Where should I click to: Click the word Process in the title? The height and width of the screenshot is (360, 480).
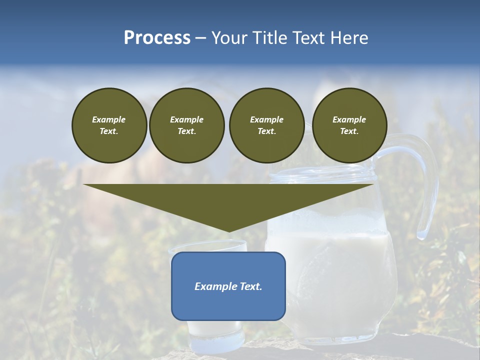point(157,38)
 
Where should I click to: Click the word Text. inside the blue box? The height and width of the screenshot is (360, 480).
point(251,286)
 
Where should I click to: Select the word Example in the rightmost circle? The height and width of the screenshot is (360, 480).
point(349,119)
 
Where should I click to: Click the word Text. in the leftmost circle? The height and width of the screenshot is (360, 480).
point(109,131)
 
